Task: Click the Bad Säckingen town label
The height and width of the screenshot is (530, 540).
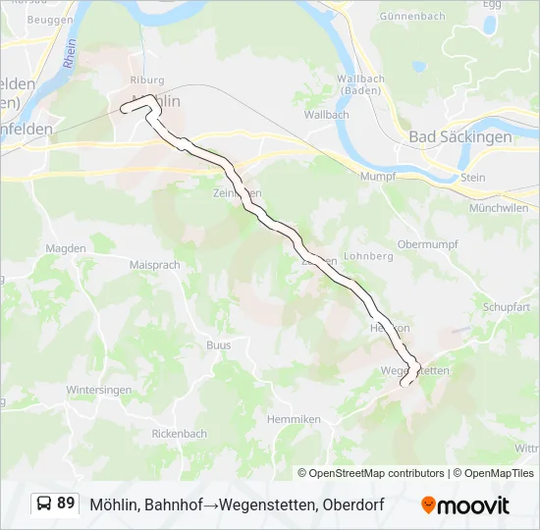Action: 459,137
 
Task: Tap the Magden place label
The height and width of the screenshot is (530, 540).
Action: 66,250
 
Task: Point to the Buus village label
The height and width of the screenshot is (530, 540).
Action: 218,344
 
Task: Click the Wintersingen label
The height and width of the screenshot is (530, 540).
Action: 98,390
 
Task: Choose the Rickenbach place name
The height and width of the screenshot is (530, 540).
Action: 180,433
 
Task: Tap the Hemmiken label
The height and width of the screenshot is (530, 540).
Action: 295,419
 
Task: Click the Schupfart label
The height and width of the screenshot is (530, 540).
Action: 507,306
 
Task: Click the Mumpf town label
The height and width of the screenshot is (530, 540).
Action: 377,176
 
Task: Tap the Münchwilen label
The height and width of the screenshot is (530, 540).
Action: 499,208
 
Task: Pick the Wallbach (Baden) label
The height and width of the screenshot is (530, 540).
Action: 360,84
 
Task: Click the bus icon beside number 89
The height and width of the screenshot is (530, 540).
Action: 45,504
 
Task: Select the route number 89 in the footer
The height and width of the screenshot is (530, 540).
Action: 66,503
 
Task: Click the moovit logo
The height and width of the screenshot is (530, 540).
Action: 465,505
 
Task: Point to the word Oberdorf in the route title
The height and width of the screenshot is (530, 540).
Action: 351,505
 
